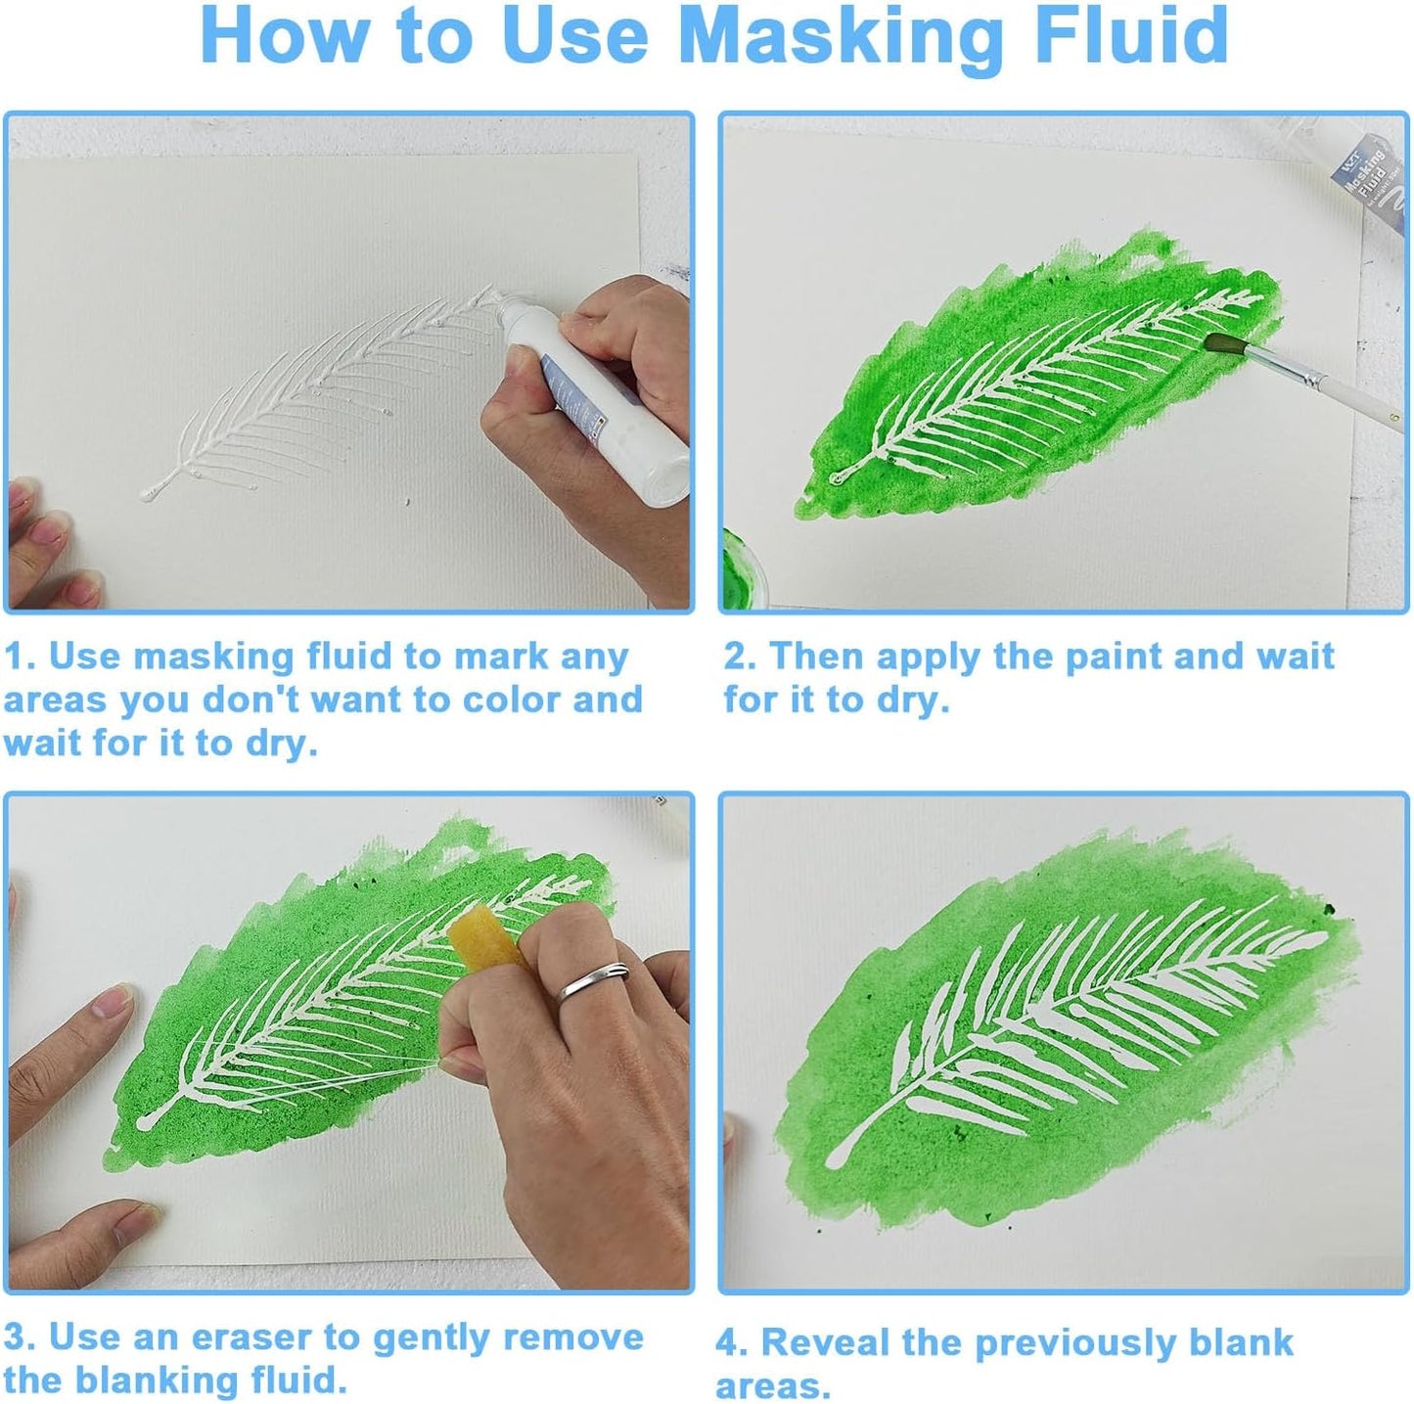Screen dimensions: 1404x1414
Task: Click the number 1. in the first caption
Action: (x=19, y=657)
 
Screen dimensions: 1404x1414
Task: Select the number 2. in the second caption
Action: (x=740, y=657)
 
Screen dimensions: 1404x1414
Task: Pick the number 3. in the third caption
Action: (x=19, y=1337)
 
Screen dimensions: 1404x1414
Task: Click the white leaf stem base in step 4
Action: (x=836, y=1158)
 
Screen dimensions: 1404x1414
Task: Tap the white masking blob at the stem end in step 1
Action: (x=150, y=493)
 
